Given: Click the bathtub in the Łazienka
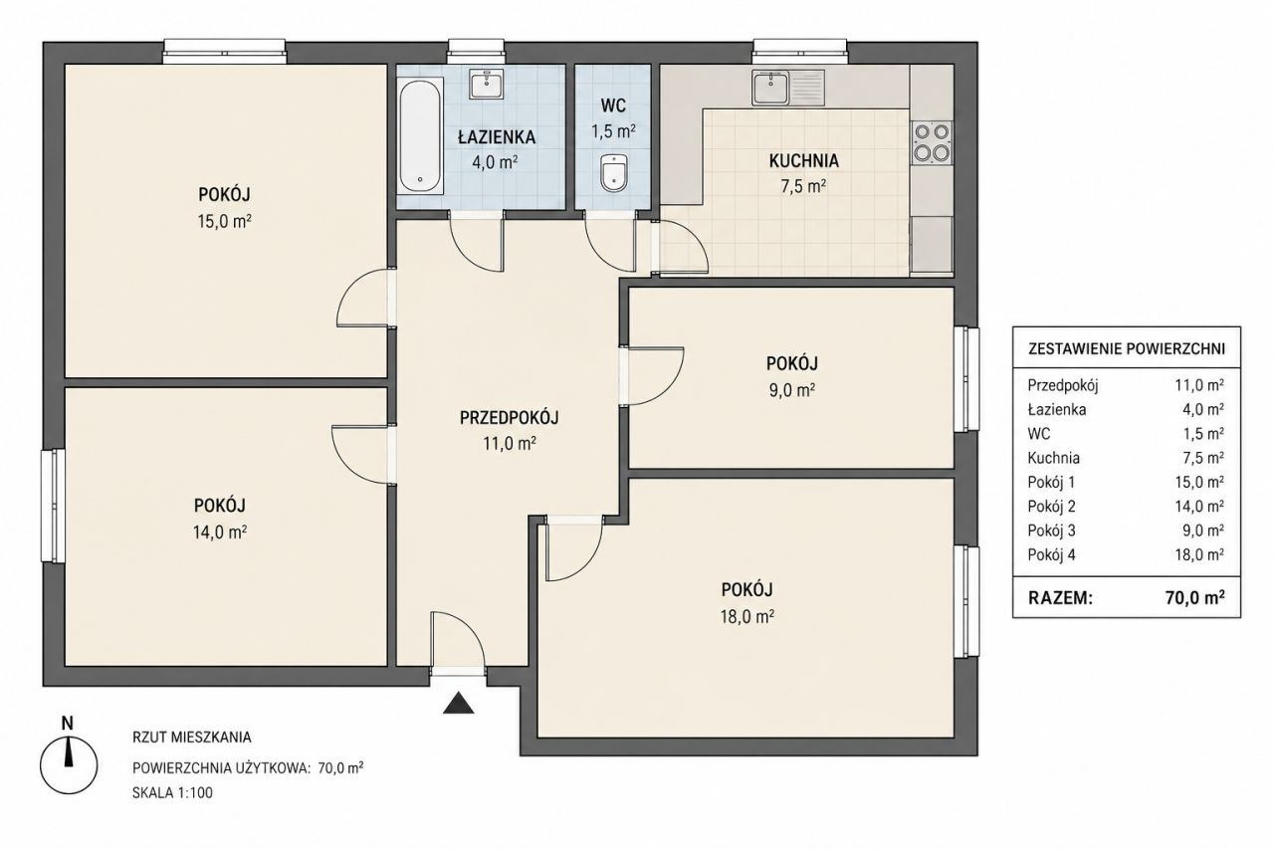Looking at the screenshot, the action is pyautogui.click(x=420, y=136).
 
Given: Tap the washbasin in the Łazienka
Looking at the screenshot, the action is pyautogui.click(x=487, y=85).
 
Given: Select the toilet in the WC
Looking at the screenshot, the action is pyautogui.click(x=614, y=172).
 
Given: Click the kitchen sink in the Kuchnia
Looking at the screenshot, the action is pyautogui.click(x=787, y=88).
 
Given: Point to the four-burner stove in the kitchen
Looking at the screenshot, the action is pyautogui.click(x=933, y=142).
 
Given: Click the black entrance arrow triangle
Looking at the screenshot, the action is pyautogui.click(x=459, y=703).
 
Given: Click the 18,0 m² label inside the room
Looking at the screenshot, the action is pyautogui.click(x=746, y=616).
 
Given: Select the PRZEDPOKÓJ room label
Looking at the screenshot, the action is pyautogui.click(x=509, y=418).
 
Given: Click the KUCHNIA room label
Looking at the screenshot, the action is pyautogui.click(x=803, y=161).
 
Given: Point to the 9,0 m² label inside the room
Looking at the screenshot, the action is pyautogui.click(x=791, y=390).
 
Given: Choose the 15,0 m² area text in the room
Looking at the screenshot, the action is pyautogui.click(x=225, y=221).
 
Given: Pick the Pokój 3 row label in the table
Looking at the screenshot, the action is pyautogui.click(x=1051, y=531).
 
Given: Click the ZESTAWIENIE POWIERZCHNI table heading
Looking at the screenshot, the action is pyautogui.click(x=1126, y=348).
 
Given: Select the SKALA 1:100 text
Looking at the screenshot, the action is pyautogui.click(x=172, y=792).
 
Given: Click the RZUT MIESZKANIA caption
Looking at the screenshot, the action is pyautogui.click(x=192, y=738).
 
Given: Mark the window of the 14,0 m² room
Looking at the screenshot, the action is pyautogui.click(x=53, y=506).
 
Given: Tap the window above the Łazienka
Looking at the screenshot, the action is pyautogui.click(x=476, y=51).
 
